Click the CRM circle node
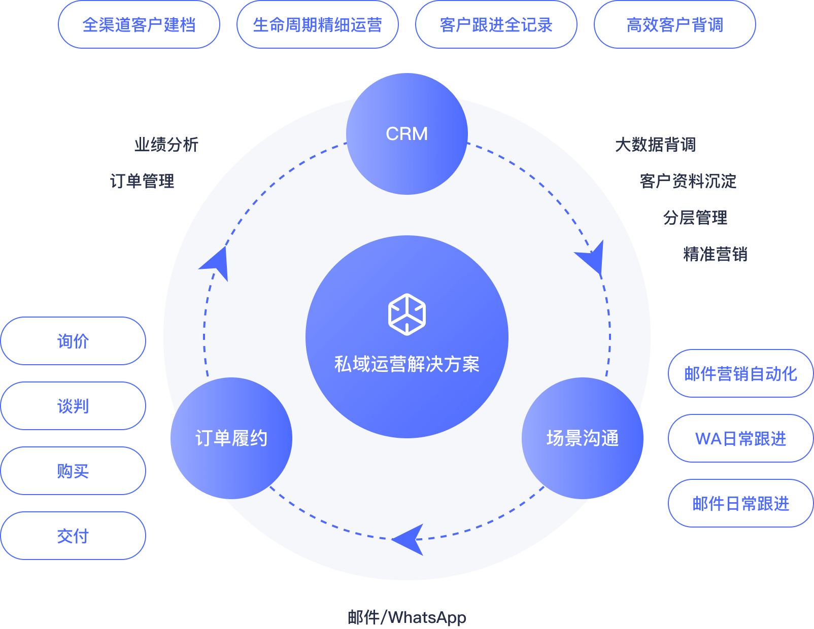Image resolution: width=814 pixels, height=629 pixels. point(406,134)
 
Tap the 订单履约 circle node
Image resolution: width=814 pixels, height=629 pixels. point(231,438)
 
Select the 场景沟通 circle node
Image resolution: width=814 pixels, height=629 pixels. point(583,438)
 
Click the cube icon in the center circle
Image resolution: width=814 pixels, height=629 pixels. point(406,314)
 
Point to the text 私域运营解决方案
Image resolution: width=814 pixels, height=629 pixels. point(406,364)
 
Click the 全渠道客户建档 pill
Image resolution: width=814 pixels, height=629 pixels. point(139,25)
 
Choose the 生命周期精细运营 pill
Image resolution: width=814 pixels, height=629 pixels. point(318,25)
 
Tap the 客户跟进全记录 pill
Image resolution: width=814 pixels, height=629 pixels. point(496,25)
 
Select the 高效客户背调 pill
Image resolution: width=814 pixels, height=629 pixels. point(675,25)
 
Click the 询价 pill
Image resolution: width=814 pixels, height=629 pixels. point(73,341)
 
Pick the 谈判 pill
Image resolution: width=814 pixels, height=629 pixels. point(73,406)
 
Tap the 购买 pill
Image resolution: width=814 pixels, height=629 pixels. point(73,471)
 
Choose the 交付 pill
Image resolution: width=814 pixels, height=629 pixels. point(73,536)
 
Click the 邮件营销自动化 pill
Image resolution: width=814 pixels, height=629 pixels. point(741,373)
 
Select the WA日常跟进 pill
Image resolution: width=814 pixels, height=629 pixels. point(741,438)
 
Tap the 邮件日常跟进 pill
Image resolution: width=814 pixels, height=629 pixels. point(741,503)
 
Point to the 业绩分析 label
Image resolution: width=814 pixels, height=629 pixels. point(166,145)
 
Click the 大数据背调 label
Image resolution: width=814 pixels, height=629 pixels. point(655,145)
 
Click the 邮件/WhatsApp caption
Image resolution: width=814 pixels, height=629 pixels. point(406,617)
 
